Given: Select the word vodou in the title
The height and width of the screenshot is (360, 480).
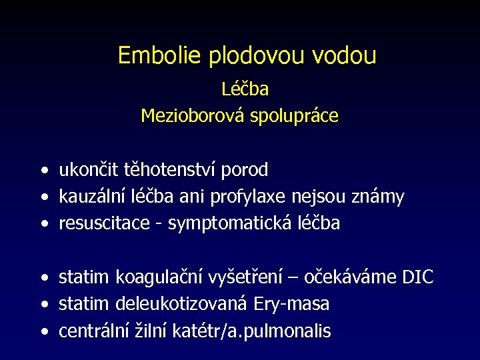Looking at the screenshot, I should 345,55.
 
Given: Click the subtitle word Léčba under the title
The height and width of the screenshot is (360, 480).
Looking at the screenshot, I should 245,89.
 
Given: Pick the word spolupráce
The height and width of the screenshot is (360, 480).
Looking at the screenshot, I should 295,116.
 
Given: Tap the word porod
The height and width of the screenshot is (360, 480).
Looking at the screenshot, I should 247,171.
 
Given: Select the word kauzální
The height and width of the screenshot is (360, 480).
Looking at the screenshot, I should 89,197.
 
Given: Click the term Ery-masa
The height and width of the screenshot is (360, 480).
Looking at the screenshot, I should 291,305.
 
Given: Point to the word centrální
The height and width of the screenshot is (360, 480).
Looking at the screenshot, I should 89,331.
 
